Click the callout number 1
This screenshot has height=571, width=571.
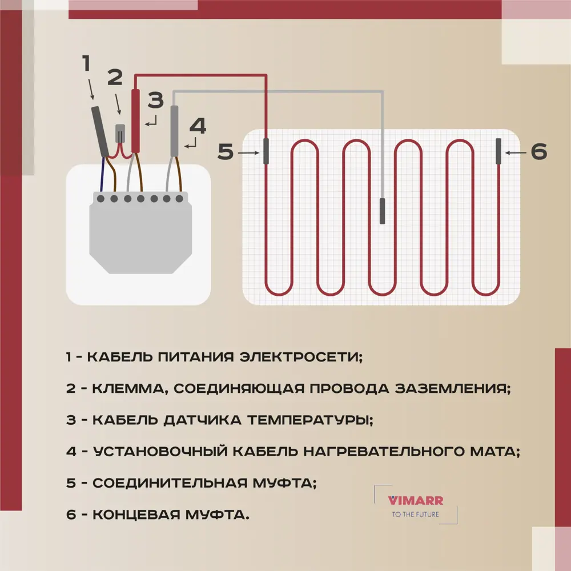[87, 63]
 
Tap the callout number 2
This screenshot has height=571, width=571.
[115, 77]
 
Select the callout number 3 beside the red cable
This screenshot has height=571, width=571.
[155, 100]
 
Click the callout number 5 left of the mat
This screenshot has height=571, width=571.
[226, 152]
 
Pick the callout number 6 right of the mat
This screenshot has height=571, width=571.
[538, 152]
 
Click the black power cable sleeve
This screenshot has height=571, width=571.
[101, 130]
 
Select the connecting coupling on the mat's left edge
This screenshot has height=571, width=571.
[266, 151]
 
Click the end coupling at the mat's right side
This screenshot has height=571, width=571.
[498, 151]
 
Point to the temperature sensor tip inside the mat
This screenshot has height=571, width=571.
[383, 211]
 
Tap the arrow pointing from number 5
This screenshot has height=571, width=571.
[248, 153]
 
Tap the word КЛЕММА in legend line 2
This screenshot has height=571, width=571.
[130, 389]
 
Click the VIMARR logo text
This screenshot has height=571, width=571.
[416, 501]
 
